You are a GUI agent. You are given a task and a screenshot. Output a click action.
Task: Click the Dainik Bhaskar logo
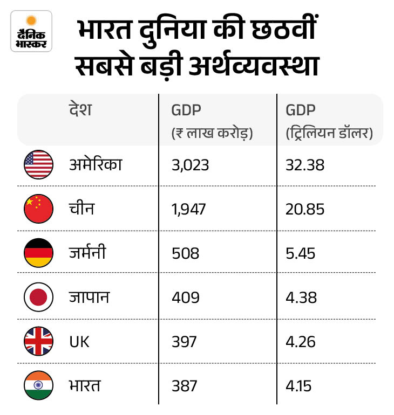pos(31,31)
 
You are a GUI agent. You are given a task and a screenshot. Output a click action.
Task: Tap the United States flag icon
pos(38,164)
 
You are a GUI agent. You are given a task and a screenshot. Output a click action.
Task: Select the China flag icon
pos(38,209)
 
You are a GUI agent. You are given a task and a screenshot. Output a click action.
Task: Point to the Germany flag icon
pos(38,253)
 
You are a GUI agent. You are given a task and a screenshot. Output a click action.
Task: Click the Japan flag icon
pos(38,297)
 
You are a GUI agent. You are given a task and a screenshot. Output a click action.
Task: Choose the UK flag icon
pos(38,341)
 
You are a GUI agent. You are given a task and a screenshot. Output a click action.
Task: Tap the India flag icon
pos(38,385)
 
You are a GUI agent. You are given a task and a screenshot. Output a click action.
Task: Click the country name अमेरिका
pos(96,164)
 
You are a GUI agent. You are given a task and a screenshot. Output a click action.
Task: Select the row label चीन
pos(81,208)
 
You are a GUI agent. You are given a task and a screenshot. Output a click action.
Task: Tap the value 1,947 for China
pos(188,209)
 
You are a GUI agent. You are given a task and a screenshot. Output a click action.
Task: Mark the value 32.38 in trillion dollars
pos(305,165)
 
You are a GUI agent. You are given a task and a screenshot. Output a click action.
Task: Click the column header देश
pos(80,110)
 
